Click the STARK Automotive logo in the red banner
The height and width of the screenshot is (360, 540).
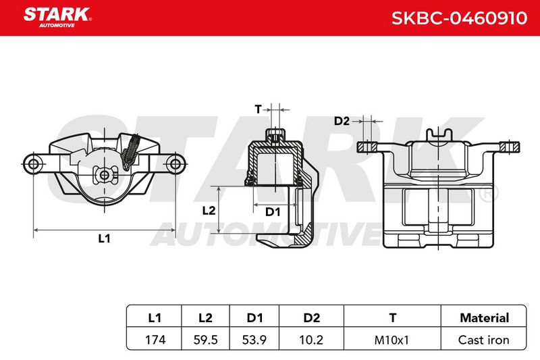[57, 18]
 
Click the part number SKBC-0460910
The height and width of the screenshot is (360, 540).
[459, 18]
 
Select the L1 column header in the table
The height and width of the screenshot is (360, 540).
[155, 317]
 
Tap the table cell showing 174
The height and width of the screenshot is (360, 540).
[155, 340]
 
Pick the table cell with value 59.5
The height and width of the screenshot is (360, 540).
[206, 340]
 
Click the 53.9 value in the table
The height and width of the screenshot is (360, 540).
[254, 340]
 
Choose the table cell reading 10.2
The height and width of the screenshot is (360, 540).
[311, 340]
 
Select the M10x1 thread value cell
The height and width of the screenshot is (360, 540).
[391, 340]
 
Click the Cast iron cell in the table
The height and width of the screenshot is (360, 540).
[483, 340]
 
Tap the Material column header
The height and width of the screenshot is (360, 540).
[484, 317]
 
